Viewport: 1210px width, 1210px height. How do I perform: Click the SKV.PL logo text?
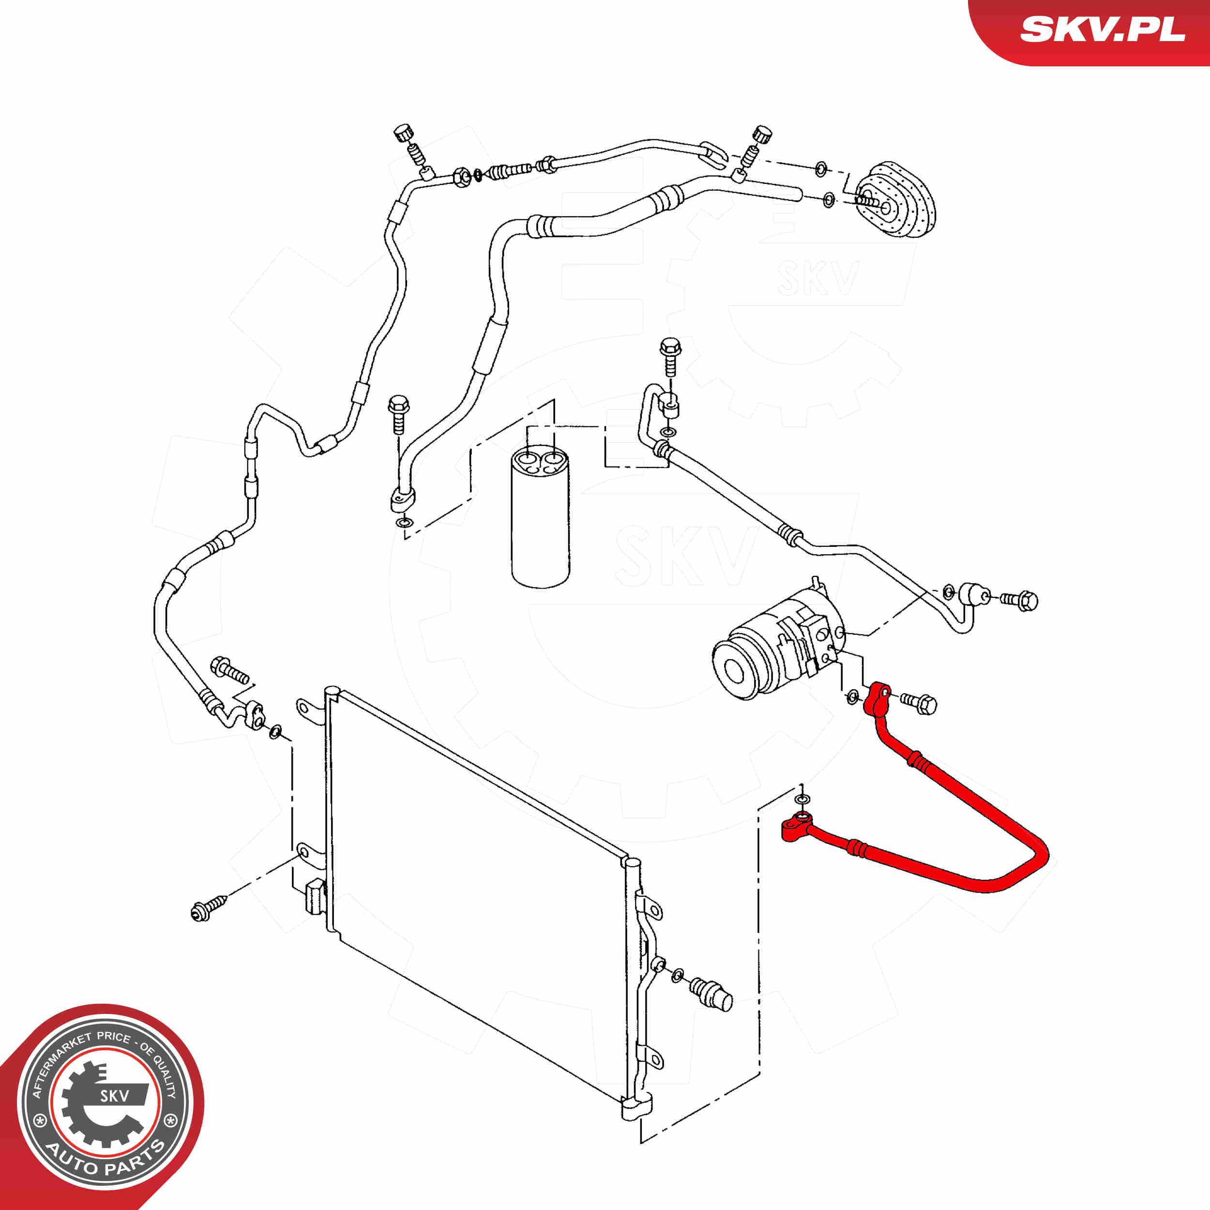1102,30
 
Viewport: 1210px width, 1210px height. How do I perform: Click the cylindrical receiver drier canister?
540,518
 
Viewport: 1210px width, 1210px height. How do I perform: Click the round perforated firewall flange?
895,200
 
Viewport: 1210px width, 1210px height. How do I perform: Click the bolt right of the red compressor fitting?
919,703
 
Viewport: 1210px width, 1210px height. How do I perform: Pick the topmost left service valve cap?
403,133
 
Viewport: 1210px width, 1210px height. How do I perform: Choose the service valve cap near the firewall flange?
761,134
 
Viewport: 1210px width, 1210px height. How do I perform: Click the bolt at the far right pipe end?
1019,600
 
